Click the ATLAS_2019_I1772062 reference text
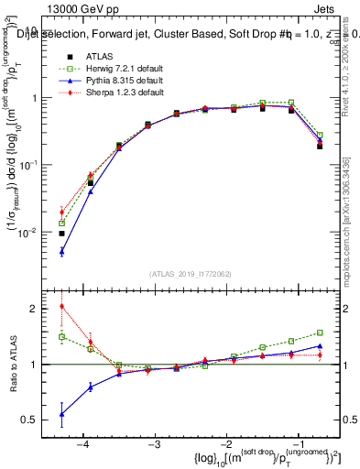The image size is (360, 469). pyautogui.click(x=192, y=273)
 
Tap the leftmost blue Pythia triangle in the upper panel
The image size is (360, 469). pyautogui.click(x=61, y=251)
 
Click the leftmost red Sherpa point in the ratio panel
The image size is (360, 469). pyautogui.click(x=61, y=306)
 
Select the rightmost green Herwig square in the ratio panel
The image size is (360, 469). pyautogui.click(x=320, y=333)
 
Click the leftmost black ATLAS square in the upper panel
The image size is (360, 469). pyautogui.click(x=61, y=234)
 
